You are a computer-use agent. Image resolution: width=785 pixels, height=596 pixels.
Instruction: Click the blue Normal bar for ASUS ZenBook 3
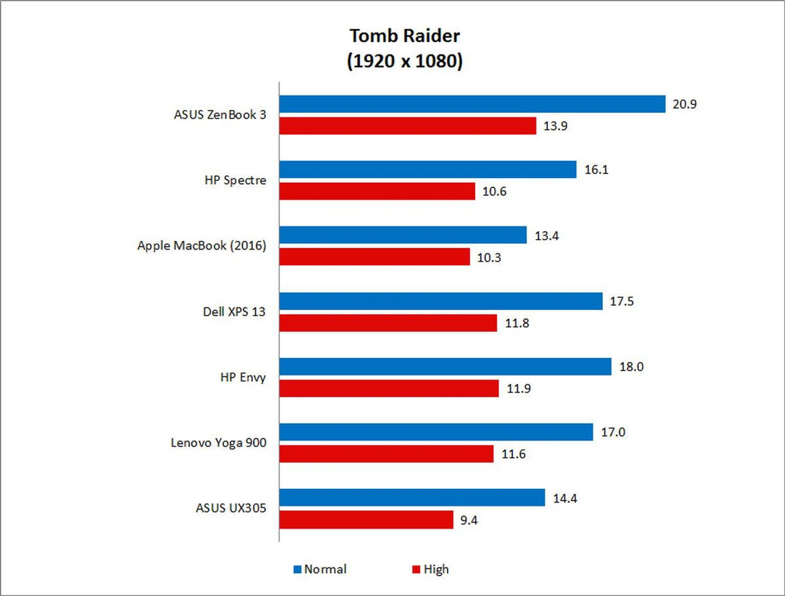click(472, 104)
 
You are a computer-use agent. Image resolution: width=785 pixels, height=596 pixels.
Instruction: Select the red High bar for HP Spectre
click(377, 191)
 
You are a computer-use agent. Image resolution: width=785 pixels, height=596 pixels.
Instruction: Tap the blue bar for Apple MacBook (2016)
click(403, 235)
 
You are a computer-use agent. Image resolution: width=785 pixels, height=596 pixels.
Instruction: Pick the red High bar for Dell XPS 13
click(388, 323)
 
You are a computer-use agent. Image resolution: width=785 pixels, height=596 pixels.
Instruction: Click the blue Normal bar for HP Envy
click(445, 367)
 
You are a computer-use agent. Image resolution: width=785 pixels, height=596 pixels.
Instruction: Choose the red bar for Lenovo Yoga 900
click(386, 454)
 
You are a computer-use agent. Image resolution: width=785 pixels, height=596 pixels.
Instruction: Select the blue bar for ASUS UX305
click(412, 497)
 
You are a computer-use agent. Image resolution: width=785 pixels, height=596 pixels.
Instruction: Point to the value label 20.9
click(684, 104)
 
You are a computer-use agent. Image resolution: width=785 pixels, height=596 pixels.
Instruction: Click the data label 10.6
click(494, 191)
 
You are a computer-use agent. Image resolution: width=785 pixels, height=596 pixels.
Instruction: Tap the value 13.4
click(546, 236)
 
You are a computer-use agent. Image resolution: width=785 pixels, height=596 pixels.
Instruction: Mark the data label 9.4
click(469, 520)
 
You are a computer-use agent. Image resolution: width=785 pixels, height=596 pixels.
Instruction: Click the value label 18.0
click(631, 367)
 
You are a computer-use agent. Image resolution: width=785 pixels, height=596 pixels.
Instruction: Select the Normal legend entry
click(320, 569)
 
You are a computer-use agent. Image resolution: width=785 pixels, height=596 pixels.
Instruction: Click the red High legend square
click(416, 569)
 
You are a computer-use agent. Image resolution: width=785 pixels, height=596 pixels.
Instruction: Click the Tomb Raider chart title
click(404, 36)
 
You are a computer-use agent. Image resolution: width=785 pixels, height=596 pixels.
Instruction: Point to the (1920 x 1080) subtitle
click(404, 61)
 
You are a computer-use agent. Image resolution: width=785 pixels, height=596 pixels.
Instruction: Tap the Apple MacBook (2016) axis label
click(202, 246)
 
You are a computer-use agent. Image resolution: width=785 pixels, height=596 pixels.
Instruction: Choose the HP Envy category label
click(243, 377)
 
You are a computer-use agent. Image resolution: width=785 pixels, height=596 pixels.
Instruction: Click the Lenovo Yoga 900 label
click(218, 443)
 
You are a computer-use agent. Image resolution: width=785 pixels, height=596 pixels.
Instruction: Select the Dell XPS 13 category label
click(234, 312)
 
